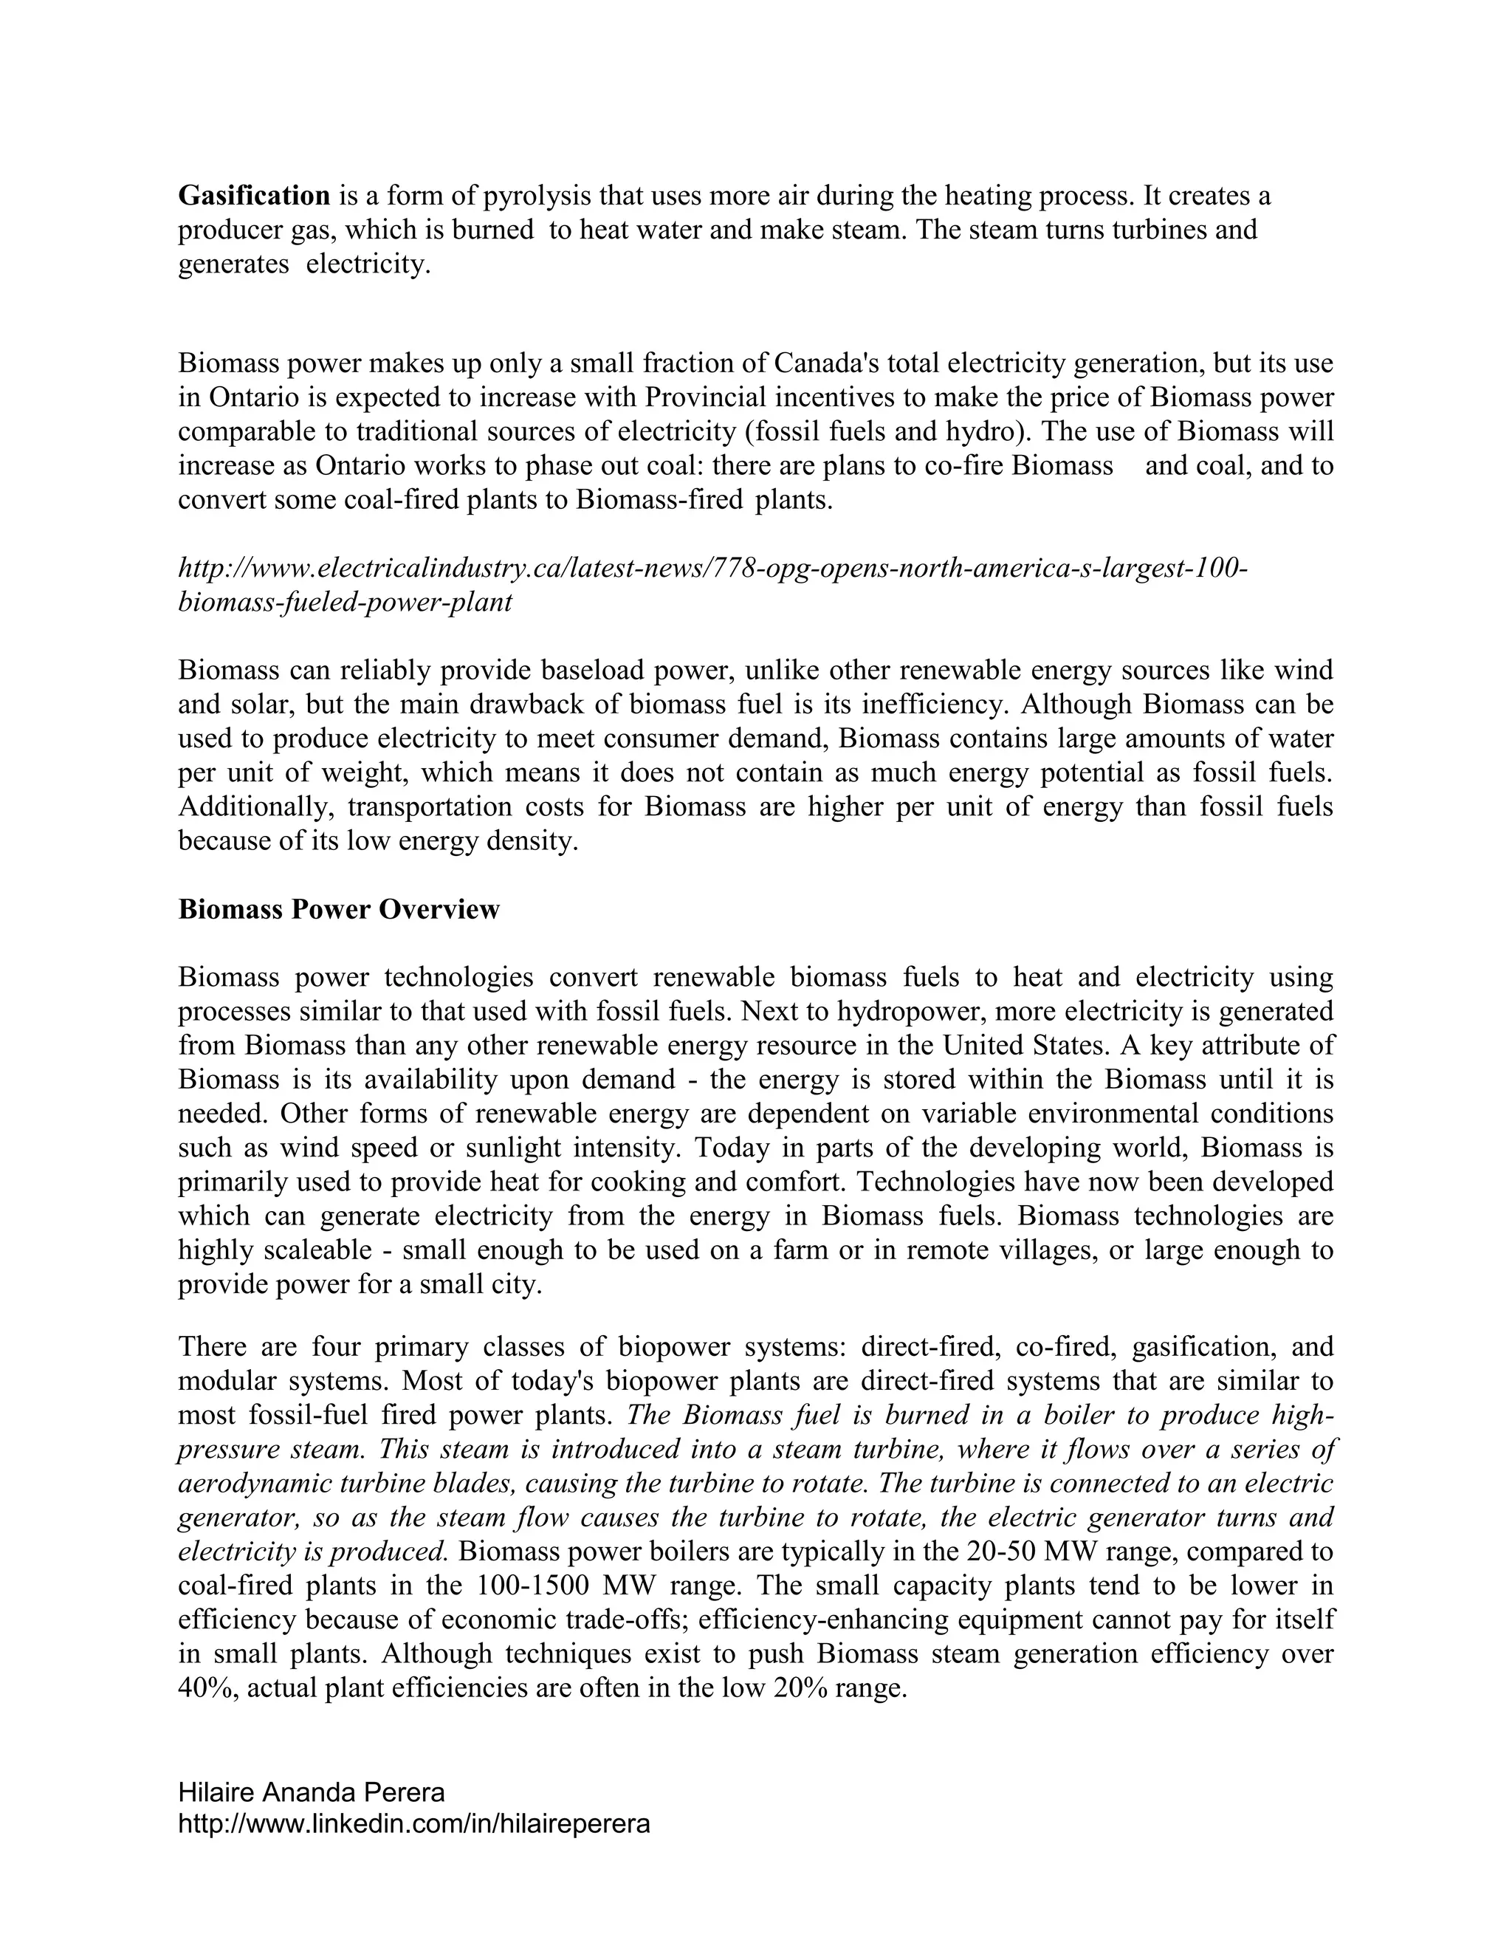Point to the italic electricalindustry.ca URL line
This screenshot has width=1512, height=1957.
pos(712,567)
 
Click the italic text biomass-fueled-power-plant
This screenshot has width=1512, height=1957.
pos(345,601)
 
